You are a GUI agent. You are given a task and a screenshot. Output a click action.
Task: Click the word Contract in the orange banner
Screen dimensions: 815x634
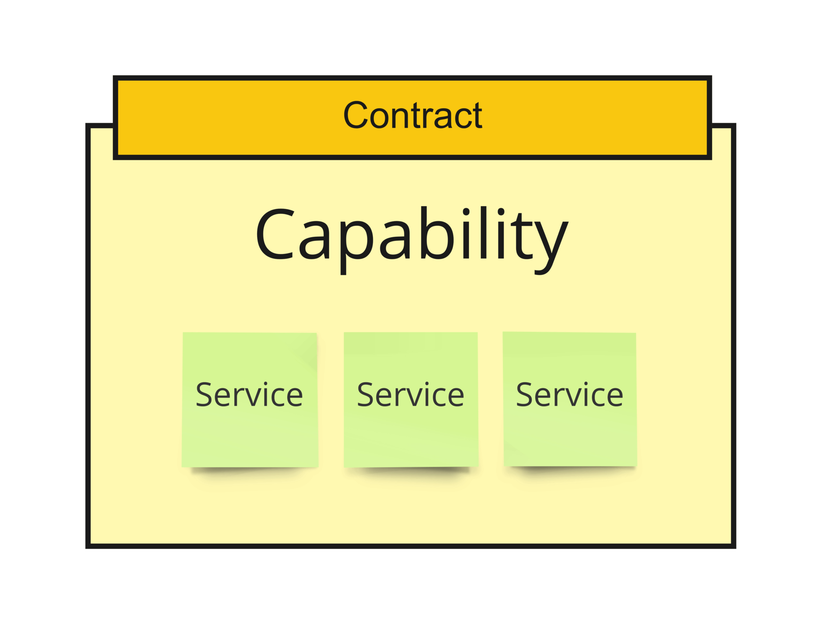(x=412, y=116)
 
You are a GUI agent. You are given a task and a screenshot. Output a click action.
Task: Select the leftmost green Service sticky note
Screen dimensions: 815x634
(x=250, y=399)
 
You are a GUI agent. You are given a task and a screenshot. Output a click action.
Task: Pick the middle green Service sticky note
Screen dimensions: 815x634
(x=411, y=399)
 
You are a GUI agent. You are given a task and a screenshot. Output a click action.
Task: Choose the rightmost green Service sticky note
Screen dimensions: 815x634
(x=569, y=399)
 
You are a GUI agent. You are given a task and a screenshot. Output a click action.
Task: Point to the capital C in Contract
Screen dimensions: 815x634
(x=355, y=116)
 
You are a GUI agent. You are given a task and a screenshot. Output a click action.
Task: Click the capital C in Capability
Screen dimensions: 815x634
(x=275, y=234)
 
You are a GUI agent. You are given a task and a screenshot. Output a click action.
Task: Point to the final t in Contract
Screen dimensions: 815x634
(x=477, y=116)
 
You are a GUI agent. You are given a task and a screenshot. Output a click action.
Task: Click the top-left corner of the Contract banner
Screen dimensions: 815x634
(x=116, y=78)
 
